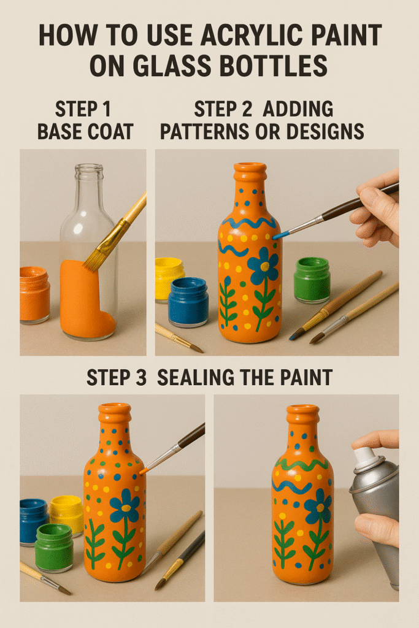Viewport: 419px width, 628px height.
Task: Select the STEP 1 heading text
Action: [83, 110]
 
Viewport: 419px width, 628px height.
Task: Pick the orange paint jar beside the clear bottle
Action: [34, 294]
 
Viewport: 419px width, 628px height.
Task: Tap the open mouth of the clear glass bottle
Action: [89, 167]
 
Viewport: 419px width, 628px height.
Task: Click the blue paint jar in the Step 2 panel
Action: [188, 301]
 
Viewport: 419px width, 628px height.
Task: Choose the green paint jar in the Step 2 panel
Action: [312, 279]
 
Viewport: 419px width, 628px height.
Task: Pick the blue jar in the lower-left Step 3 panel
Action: [34, 520]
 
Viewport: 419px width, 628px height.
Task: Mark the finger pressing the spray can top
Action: [374, 439]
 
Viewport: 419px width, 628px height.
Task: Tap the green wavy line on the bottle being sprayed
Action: [302, 465]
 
